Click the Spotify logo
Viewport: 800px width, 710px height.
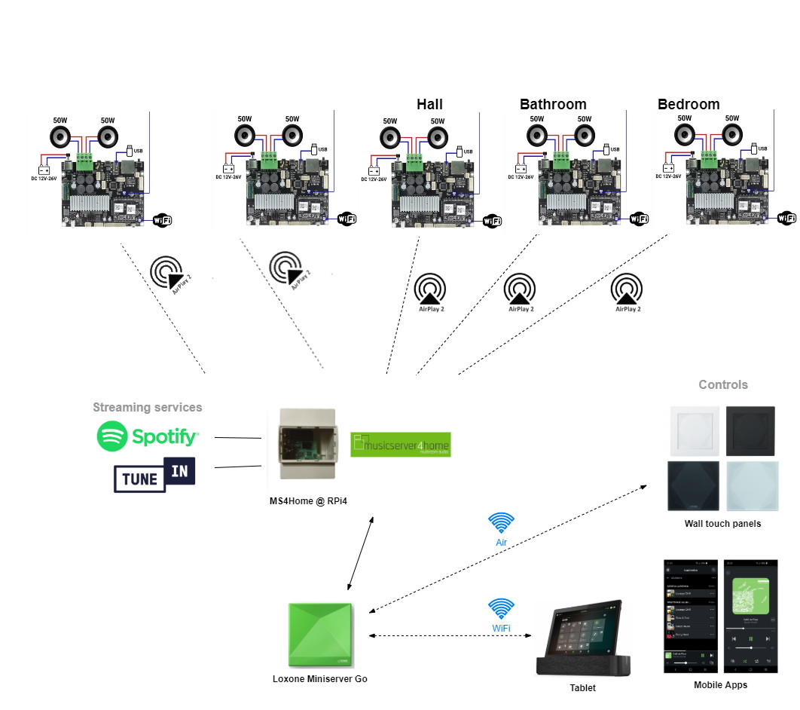click(x=148, y=436)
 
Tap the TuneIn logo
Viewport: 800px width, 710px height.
click(x=154, y=474)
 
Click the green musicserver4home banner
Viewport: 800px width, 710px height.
click(x=400, y=445)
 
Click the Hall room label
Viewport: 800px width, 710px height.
click(x=429, y=104)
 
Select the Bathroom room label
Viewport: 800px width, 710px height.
click(x=553, y=104)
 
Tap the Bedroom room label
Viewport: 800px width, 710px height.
click(x=689, y=104)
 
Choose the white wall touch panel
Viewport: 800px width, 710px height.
click(x=693, y=430)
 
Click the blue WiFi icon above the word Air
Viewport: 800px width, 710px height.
click(x=501, y=523)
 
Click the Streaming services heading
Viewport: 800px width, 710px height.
click(x=148, y=407)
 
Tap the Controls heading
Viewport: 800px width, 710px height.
click(x=723, y=384)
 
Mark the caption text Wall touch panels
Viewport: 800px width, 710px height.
click(x=722, y=524)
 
